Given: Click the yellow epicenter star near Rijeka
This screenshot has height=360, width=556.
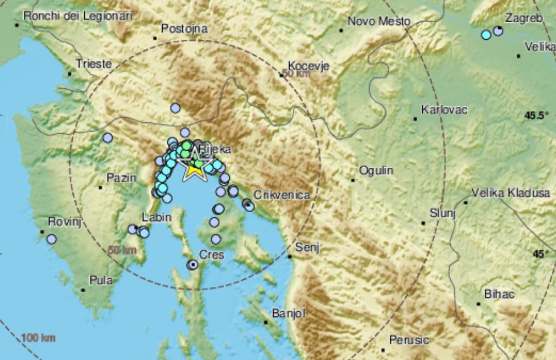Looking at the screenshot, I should [x=195, y=168].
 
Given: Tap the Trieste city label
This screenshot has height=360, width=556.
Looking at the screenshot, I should [x=94, y=64].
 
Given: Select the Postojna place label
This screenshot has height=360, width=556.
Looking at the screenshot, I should [x=184, y=28].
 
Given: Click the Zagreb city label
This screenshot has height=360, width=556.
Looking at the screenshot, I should [x=524, y=19].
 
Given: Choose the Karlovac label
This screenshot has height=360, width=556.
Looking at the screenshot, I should [x=444, y=110].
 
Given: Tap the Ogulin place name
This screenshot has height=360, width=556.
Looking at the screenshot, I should [x=376, y=171].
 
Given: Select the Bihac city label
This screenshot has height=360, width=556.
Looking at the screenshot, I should [x=499, y=294].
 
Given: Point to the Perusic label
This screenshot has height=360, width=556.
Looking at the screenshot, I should [x=409, y=340].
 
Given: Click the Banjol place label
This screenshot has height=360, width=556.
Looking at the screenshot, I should [x=289, y=313].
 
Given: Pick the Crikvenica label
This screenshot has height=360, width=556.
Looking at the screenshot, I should [x=282, y=195].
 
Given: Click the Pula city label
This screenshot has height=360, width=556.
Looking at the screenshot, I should [x=101, y=280].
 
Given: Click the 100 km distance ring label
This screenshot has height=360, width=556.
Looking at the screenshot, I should [x=39, y=339].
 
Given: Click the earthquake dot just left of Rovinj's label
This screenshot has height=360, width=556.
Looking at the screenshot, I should [x=52, y=239].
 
